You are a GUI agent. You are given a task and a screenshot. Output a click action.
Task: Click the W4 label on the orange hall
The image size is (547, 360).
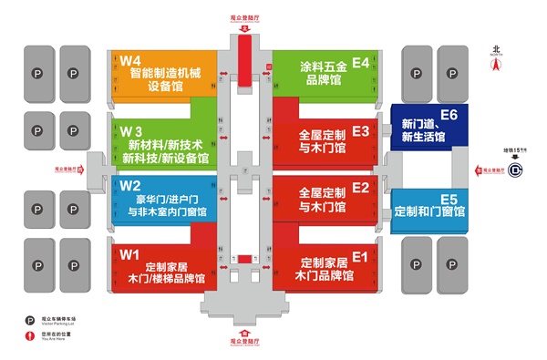(129, 60)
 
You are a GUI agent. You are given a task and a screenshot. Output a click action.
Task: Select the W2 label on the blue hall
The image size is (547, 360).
(129, 187)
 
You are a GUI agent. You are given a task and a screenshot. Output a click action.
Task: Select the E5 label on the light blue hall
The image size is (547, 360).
(448, 198)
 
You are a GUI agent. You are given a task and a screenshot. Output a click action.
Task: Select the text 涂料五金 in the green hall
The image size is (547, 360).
(325, 67)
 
